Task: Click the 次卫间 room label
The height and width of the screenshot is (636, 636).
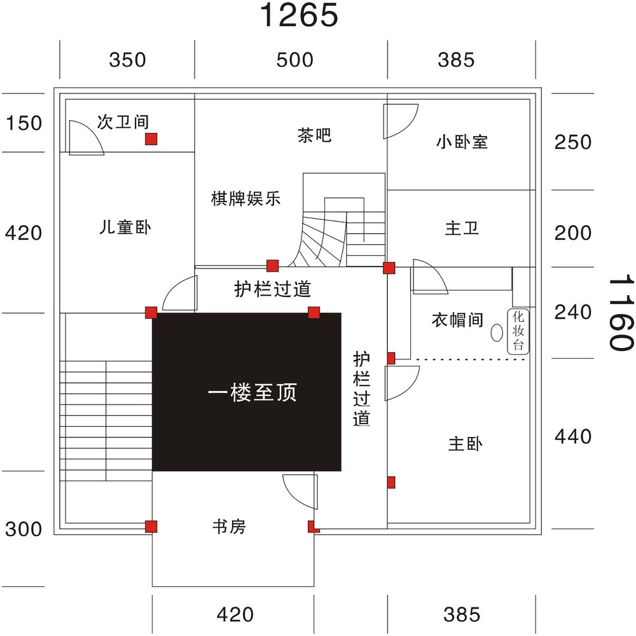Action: pos(123,121)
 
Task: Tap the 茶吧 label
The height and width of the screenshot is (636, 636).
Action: pos(314,135)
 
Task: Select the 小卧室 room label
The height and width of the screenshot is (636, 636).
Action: pos(462,141)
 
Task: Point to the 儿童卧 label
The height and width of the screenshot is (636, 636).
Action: pos(125,227)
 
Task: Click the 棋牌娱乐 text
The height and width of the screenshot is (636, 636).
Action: pos(245,198)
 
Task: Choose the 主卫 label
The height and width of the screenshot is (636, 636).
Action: pos(462,228)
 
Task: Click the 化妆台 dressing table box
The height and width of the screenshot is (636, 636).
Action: pos(518,331)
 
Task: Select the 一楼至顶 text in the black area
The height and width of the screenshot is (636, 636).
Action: pos(252,392)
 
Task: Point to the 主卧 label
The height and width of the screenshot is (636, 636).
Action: pos(465,444)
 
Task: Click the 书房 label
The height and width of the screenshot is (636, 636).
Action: pos(228,527)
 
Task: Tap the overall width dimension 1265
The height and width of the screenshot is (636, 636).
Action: pos(298,16)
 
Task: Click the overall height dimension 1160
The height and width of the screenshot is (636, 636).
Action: pos(619,312)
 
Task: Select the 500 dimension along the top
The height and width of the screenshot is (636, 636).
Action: pos(294,60)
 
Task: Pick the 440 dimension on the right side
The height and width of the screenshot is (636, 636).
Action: pos(573,436)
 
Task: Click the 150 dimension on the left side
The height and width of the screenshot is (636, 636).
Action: pos(24,123)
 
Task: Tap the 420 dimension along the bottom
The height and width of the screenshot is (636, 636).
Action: pos(235,614)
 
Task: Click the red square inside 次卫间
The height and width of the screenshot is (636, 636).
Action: pos(151,139)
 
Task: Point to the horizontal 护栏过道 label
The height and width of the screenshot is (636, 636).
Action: pos(273,290)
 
